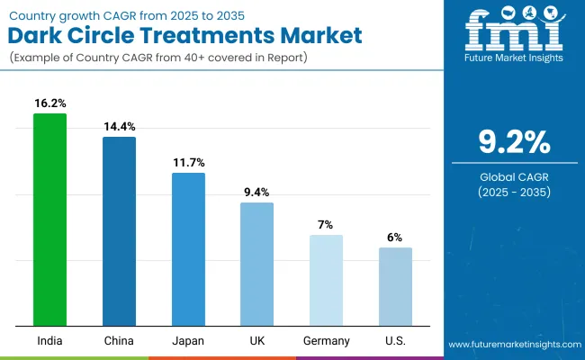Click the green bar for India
(49, 220)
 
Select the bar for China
(119, 231)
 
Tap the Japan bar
(188, 249)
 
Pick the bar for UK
(256, 264)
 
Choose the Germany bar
(326, 280)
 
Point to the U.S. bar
(395, 286)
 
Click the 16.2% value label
(49, 103)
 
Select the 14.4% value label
(119, 127)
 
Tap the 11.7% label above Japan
(188, 162)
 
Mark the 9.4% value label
(256, 193)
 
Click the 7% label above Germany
(326, 224)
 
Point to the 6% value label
(395, 237)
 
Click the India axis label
(49, 340)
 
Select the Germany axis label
(326, 340)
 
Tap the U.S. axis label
(395, 340)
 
